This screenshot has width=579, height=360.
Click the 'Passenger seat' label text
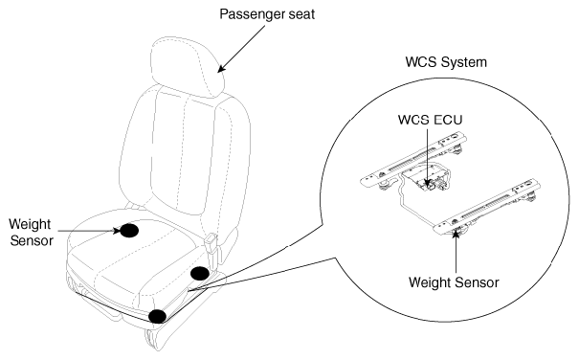[x=267, y=14]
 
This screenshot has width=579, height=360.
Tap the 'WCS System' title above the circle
[x=446, y=61]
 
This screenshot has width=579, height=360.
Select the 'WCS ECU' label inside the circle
[x=431, y=120]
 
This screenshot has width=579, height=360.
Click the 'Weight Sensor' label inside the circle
[x=454, y=282]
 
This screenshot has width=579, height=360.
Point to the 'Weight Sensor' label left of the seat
[x=31, y=232]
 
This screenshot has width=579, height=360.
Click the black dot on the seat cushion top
[x=129, y=231]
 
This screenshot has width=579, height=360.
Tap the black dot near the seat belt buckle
[x=200, y=274]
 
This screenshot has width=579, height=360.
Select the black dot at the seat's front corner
[x=158, y=316]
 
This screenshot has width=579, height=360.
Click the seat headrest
[x=187, y=66]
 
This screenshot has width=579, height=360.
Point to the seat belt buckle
[x=212, y=243]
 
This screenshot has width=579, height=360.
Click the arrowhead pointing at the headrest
[x=222, y=68]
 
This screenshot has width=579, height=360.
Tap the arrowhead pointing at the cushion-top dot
[x=116, y=231]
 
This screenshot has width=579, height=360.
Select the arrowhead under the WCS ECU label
[x=428, y=182]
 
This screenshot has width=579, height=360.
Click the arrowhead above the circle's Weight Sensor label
[x=456, y=235]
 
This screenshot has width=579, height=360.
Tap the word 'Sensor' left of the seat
[x=32, y=240]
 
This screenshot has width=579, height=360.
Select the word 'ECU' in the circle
[x=448, y=120]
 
